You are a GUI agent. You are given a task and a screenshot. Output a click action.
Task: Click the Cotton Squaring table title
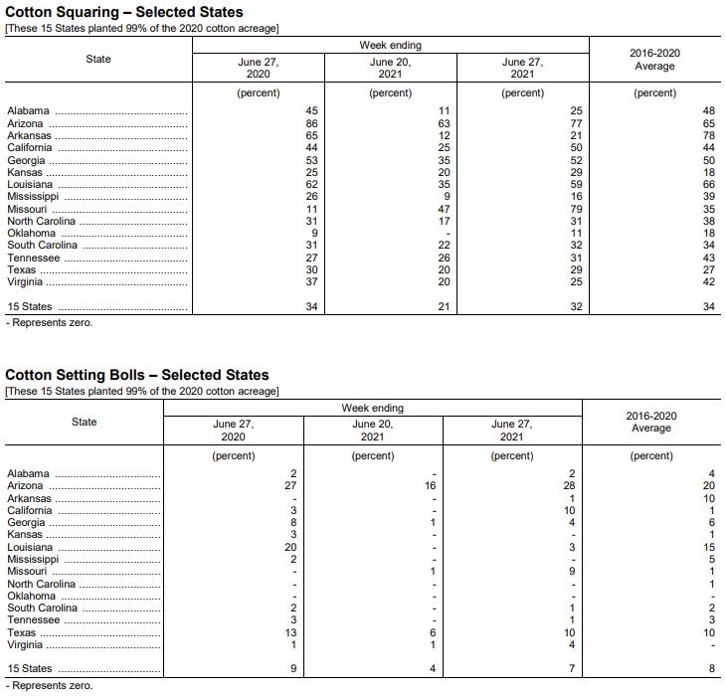pos(124,12)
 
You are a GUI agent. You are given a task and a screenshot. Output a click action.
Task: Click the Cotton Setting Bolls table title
pos(137,375)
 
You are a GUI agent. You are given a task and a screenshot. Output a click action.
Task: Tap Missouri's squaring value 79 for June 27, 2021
pos(576,209)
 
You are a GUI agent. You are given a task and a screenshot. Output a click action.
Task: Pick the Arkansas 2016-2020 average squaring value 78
pos(709,135)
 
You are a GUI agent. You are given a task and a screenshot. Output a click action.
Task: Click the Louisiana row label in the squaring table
pos(31,184)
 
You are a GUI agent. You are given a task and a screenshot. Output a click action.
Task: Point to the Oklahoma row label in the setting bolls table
pos(32,596)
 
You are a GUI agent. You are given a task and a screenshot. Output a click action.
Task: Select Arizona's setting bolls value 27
pos(291,486)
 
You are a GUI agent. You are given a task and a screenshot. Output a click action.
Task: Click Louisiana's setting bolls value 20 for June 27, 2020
pos(291,547)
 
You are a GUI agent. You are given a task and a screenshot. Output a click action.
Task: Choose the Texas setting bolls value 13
pos(291,632)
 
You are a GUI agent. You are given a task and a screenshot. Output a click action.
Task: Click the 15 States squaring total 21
pos(445,307)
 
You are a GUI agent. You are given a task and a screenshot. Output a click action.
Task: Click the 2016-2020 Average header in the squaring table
pos(654,60)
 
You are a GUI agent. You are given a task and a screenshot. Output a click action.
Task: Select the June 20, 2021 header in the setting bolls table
pos(372,430)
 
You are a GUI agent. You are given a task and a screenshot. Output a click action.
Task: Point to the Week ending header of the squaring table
pos(390,46)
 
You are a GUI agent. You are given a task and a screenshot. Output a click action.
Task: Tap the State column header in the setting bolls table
pos(85,422)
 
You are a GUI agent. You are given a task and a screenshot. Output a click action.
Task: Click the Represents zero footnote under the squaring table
pos(50,323)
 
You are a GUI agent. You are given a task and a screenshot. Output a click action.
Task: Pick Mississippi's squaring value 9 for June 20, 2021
pos(448,196)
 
